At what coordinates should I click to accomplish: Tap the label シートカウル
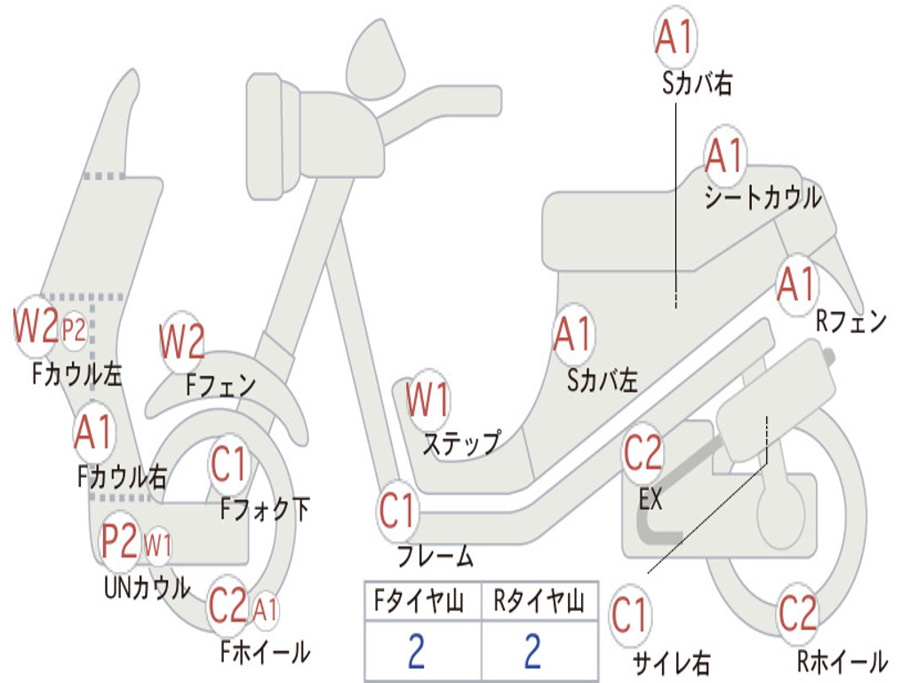[x=762, y=197]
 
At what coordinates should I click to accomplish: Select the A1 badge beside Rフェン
[x=795, y=284]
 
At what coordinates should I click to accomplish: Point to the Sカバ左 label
[x=603, y=381]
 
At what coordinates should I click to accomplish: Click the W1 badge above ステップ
[x=427, y=400]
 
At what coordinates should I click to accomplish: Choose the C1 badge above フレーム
[x=398, y=511]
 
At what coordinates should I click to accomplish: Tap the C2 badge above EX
[x=643, y=454]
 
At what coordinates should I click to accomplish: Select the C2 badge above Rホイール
[x=797, y=613]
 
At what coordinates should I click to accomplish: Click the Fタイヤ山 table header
[x=416, y=604]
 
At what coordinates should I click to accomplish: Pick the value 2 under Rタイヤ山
[x=532, y=652]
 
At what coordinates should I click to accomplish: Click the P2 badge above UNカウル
[x=120, y=540]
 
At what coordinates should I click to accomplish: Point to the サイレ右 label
[x=671, y=663]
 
